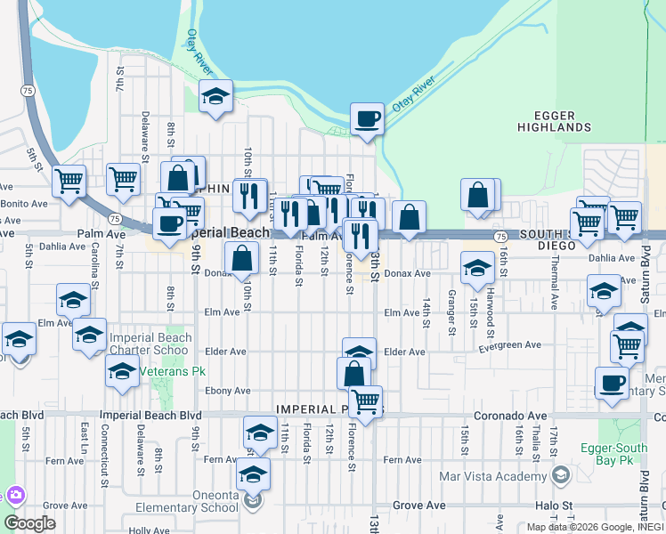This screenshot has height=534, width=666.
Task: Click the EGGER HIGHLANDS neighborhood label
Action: click(554, 121)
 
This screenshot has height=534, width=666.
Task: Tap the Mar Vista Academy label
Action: click(492, 475)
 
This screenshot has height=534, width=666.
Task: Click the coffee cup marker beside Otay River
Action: click(366, 118)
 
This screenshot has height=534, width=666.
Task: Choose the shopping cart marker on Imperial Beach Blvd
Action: click(365, 401)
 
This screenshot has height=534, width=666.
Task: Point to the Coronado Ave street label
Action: click(427, 415)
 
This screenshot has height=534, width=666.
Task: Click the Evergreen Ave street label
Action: click(509, 344)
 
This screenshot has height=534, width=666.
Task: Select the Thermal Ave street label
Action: click(555, 285)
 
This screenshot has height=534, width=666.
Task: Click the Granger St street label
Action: click(451, 313)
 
